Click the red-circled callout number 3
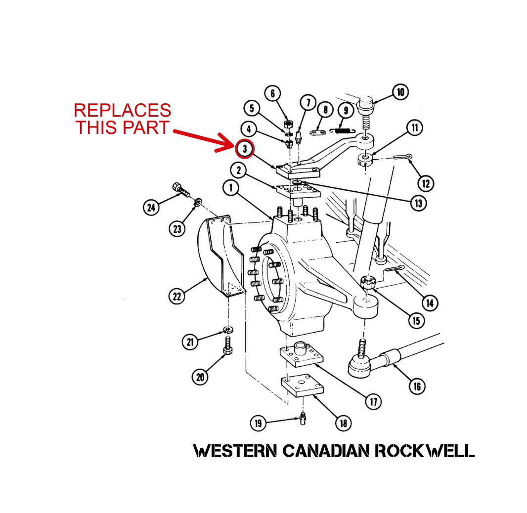tap(245, 148)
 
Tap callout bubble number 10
tap(400, 92)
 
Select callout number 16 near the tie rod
tap(417, 385)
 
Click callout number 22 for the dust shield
tap(177, 296)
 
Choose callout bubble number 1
tap(230, 188)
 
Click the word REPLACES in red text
tap(123, 110)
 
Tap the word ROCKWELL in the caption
tap(424, 451)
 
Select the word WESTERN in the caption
tap(235, 451)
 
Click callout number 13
tap(418, 203)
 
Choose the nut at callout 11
tap(364, 160)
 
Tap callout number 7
tap(308, 103)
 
